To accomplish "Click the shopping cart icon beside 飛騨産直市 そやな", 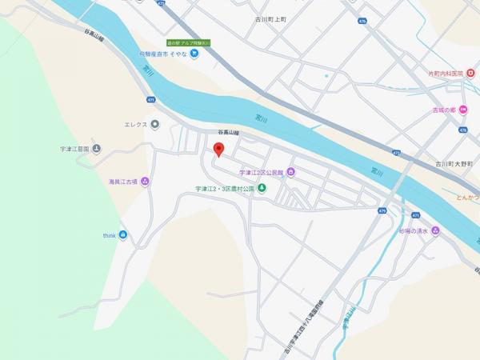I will point(194,54).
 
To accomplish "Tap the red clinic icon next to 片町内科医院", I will point(470,74).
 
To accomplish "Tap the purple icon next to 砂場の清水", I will point(435,231).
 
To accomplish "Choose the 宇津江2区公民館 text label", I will point(262,172).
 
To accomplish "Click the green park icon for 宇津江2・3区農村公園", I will point(261,189).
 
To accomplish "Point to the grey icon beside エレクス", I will point(154,124).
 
